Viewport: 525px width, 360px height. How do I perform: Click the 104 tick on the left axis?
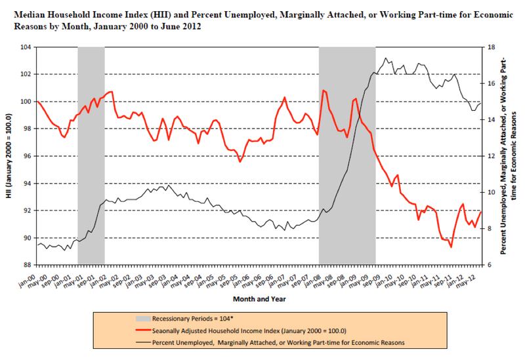click(27, 47)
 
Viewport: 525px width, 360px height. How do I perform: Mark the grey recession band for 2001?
click(91, 156)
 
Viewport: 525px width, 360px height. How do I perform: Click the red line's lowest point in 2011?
click(451, 247)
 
